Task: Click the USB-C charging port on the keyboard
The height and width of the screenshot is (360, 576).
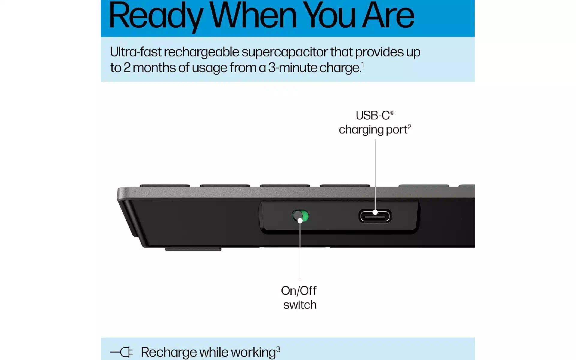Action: click(375, 216)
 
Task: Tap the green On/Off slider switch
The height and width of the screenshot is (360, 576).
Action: click(300, 216)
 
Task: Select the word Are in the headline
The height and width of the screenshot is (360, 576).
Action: click(388, 15)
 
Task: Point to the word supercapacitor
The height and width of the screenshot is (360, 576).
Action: click(284, 52)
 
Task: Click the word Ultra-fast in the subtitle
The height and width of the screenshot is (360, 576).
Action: click(136, 52)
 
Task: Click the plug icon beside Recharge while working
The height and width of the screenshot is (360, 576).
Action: click(121, 352)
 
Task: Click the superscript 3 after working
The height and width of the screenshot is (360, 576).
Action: click(278, 349)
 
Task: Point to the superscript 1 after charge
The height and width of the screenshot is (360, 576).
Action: click(362, 65)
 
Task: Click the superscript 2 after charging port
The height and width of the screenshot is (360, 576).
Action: click(409, 127)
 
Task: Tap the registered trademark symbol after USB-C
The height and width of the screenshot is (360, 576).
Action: click(392, 113)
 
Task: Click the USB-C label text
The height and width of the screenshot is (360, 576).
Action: click(373, 115)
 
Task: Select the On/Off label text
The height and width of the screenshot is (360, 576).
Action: click(299, 291)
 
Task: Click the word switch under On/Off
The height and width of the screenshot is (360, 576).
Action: click(300, 305)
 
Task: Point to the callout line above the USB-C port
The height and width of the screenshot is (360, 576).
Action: click(375, 176)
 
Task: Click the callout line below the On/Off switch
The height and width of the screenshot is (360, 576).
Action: click(300, 250)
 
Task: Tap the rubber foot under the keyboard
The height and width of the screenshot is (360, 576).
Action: click(193, 249)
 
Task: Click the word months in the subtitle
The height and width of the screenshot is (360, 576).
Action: click(154, 68)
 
